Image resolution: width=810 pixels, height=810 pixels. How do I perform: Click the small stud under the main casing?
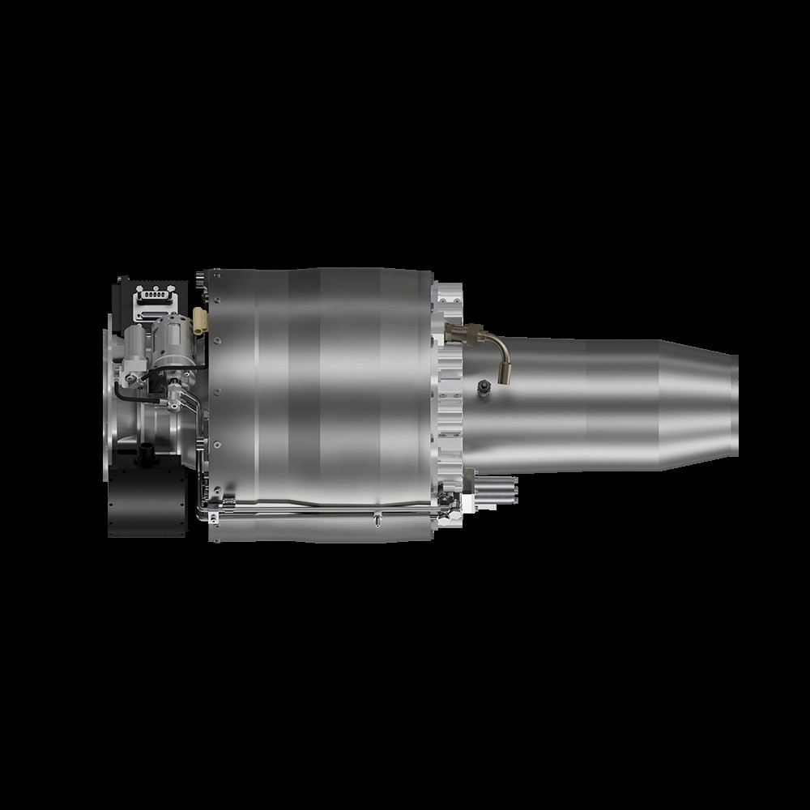coord(377,519)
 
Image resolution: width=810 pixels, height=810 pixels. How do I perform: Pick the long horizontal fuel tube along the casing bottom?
coord(324,511)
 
